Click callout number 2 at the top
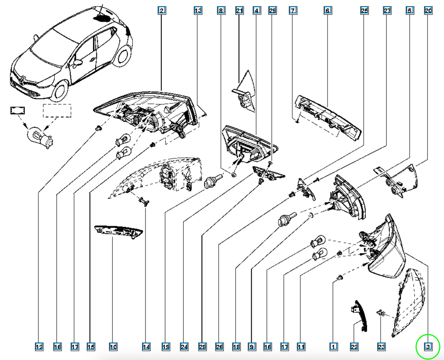pyautogui.click(x=162, y=10)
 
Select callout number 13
pyautogui.click(x=198, y=10)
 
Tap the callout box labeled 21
pyautogui.click(x=239, y=10)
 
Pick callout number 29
pyautogui.click(x=273, y=10)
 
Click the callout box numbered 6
pyautogui.click(x=328, y=10)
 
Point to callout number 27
pyautogui.click(x=387, y=10)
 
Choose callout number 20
pyautogui.click(x=428, y=10)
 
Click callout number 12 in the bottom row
pyautogui.click(x=39, y=347)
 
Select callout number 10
pyautogui.click(x=113, y=347)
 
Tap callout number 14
pyautogui.click(x=146, y=347)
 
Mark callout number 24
pyautogui.click(x=184, y=347)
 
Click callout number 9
pyautogui.click(x=252, y=347)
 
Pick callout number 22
pyautogui.click(x=354, y=347)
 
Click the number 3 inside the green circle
pyautogui.click(x=428, y=347)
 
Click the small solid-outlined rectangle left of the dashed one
pyautogui.click(x=18, y=110)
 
